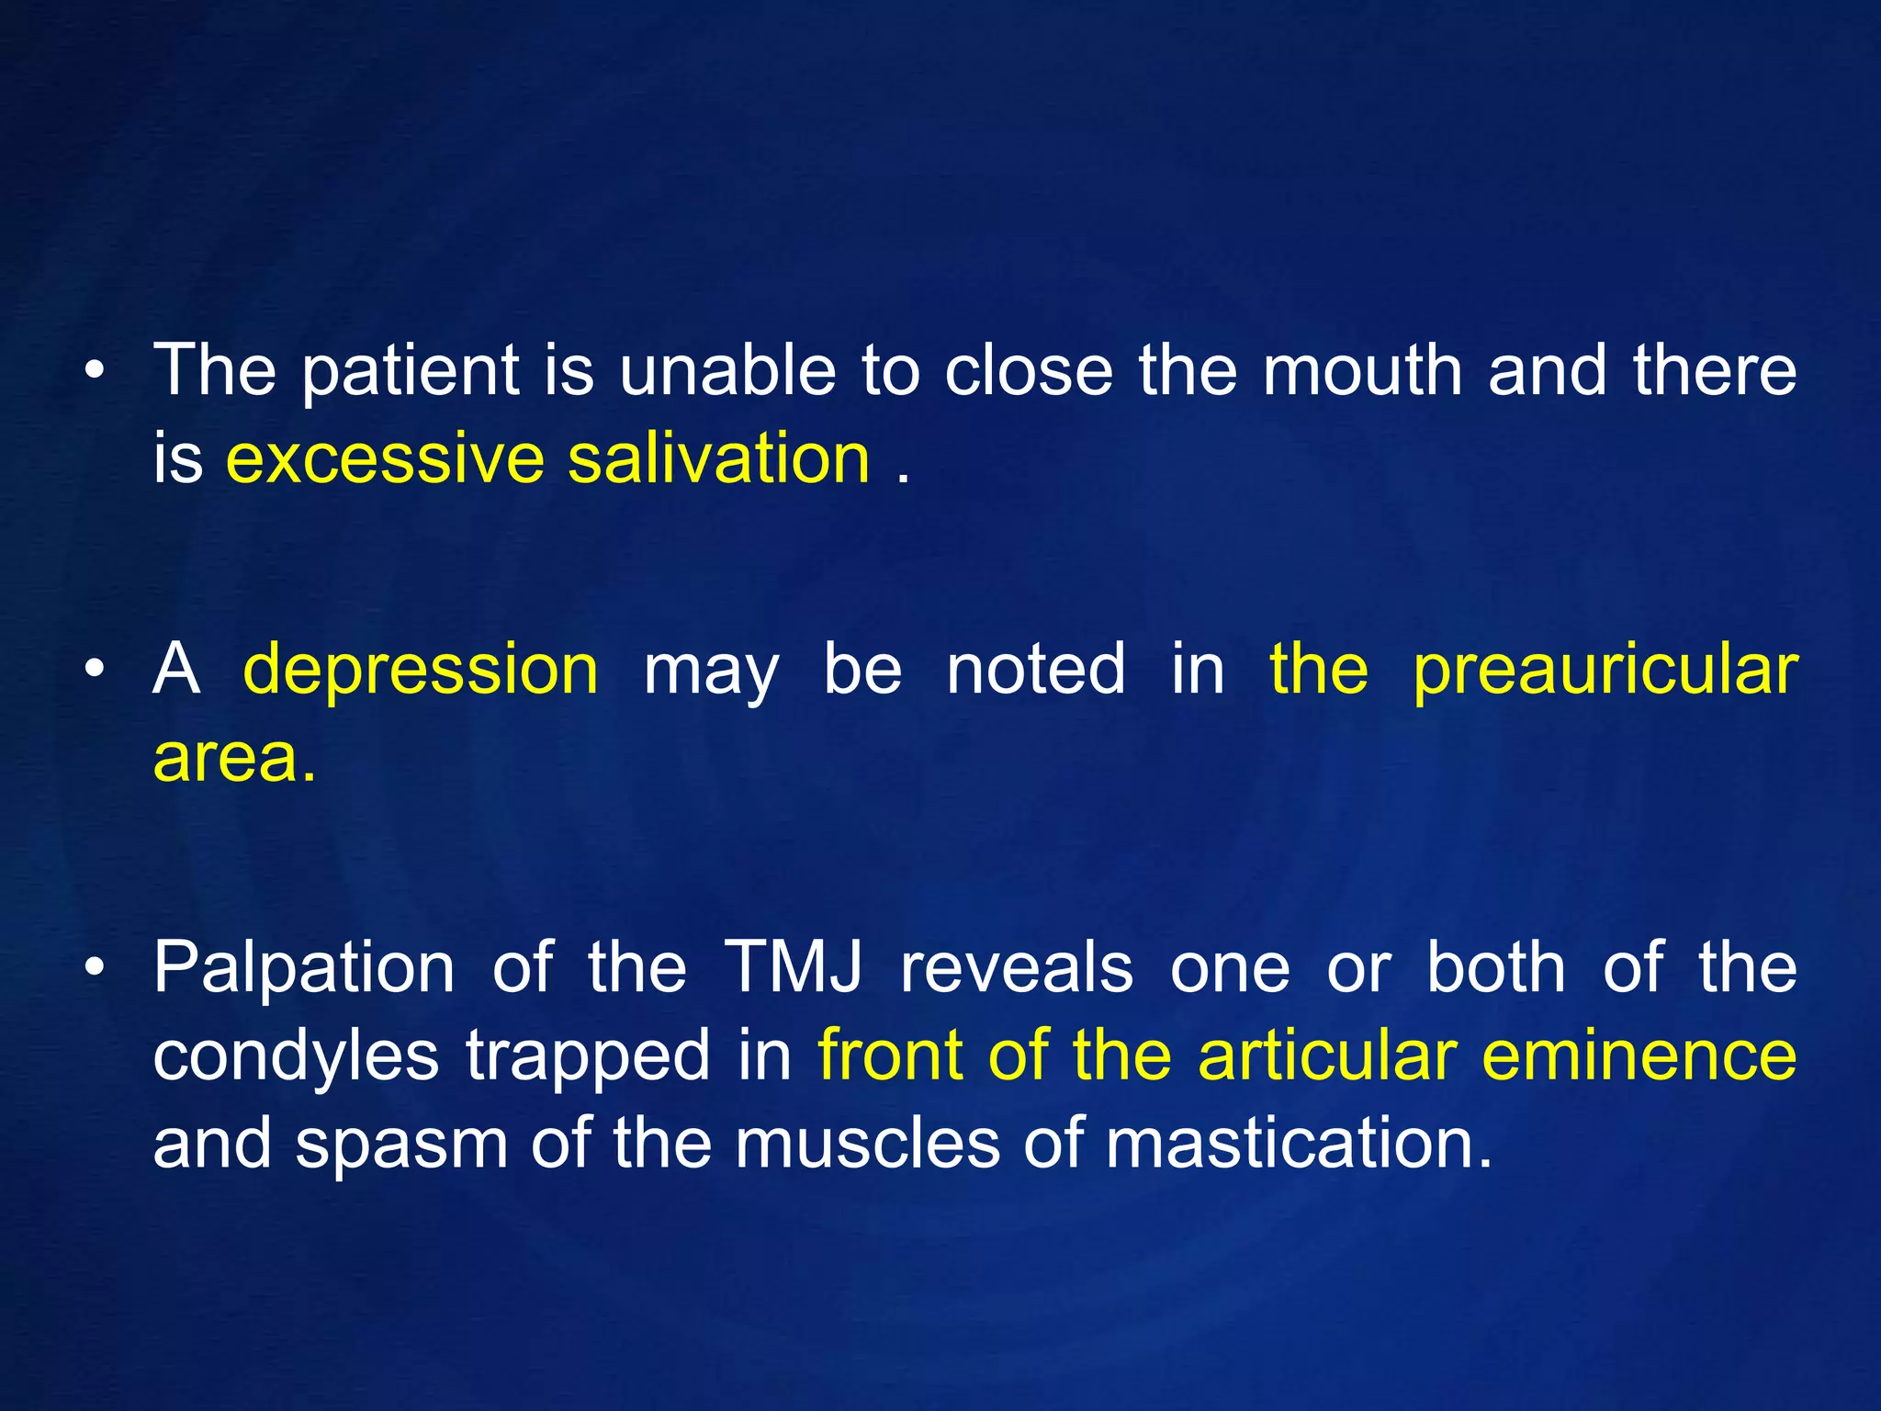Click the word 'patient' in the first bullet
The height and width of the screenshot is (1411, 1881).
click(411, 372)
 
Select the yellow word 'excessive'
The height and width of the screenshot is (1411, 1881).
click(385, 458)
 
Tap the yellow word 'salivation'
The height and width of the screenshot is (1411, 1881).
click(718, 458)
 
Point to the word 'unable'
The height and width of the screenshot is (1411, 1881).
click(727, 370)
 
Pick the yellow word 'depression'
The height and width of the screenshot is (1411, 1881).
click(421, 670)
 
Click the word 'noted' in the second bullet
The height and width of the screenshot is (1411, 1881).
click(1035, 670)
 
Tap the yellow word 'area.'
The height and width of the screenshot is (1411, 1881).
click(234, 759)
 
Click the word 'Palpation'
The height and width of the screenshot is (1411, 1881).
click(304, 969)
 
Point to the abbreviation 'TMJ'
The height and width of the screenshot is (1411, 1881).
click(794, 967)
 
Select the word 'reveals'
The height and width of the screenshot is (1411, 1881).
click(1017, 967)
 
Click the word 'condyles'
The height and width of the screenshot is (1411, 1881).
click(296, 1057)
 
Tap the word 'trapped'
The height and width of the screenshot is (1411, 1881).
click(588, 1057)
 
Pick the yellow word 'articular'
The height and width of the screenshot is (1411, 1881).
click(1327, 1055)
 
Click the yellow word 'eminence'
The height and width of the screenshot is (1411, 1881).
click(1639, 1055)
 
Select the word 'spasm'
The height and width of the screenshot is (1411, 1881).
click(401, 1146)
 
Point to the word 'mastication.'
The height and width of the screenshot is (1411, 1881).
click(1299, 1144)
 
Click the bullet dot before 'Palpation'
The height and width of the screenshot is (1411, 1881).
click(94, 968)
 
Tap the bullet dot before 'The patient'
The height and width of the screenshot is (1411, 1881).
click(94, 372)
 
